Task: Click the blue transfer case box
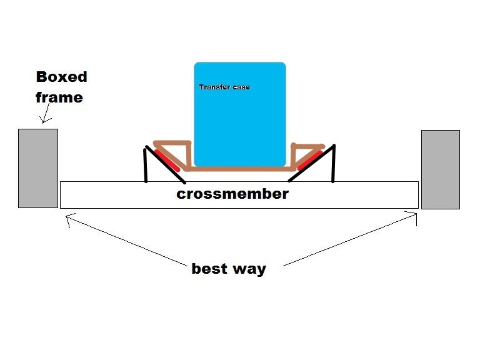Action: [239, 119]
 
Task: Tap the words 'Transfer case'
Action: [224, 87]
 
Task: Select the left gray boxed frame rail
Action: [37, 167]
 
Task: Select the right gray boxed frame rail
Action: [440, 169]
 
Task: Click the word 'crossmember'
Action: [232, 194]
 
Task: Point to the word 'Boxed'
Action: [61, 77]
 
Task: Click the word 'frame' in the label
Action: [59, 97]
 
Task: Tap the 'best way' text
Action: [229, 269]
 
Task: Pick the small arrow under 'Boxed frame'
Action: [44, 114]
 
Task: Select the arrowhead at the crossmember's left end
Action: [68, 218]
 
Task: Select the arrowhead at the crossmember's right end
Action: [413, 215]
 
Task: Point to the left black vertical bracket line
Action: [146, 165]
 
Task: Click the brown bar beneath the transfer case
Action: [240, 169]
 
